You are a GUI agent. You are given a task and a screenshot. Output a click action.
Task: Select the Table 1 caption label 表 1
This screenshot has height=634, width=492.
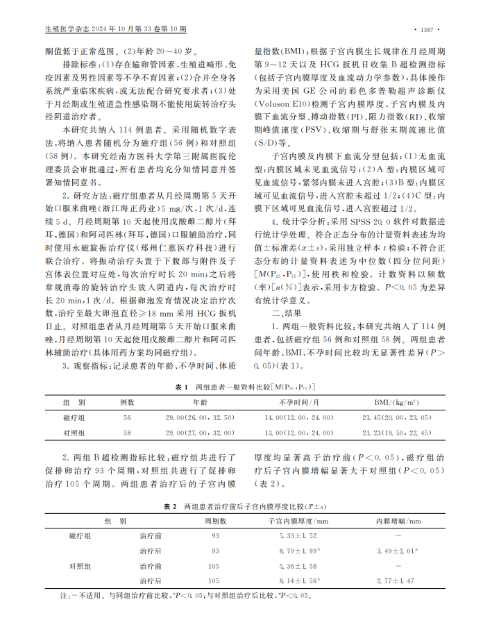tap(181, 385)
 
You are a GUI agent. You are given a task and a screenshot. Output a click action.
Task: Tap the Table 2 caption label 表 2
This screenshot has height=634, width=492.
tap(171, 506)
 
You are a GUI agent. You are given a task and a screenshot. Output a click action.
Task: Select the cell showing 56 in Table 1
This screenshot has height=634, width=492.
tap(127, 417)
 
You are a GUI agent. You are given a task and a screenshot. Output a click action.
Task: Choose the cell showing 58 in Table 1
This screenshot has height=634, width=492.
tap(127, 433)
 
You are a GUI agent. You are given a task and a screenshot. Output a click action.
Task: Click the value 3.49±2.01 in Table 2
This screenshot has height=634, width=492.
tap(396, 551)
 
